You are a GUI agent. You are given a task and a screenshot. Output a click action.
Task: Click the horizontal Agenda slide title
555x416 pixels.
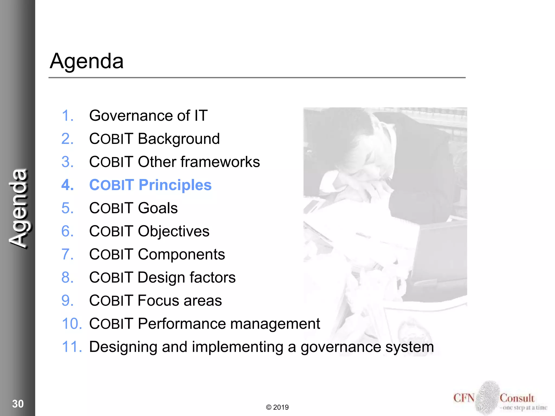pos(86,61)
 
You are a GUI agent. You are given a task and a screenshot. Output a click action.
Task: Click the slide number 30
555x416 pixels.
pos(18,404)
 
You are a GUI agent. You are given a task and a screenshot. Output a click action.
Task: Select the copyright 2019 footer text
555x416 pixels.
pos(277,407)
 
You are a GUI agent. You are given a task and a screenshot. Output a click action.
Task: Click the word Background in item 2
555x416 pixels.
pos(179,139)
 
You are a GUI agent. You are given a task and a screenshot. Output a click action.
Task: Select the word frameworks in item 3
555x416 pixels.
pos(220,162)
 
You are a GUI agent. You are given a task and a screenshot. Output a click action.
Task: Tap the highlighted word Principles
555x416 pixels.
pos(175,185)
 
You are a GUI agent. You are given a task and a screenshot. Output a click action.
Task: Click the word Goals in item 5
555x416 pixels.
pos(158,208)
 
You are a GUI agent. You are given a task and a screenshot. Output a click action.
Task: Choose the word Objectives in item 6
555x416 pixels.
pos(173,232)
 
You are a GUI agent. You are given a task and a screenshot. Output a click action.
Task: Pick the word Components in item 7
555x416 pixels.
pos(181,255)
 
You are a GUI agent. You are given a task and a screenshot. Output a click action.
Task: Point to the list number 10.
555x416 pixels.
pos(72,324)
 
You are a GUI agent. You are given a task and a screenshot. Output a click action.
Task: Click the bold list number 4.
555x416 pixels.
pos(67,185)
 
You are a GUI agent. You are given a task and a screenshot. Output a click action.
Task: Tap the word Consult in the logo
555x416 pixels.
pos(517,398)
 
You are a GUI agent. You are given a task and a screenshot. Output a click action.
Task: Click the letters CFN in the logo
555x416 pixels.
pos(464,398)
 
